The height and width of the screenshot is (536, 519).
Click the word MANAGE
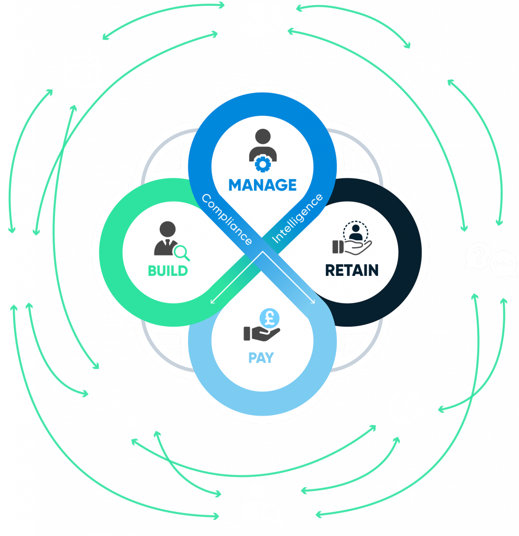click(x=262, y=185)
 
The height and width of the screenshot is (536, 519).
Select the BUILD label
click(x=168, y=271)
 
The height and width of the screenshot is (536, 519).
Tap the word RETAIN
click(x=351, y=270)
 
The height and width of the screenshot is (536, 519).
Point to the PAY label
click(x=261, y=358)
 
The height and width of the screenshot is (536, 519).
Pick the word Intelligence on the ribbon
click(x=298, y=218)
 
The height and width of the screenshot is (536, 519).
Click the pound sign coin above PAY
click(x=269, y=317)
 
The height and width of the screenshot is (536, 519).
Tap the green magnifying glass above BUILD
click(x=182, y=253)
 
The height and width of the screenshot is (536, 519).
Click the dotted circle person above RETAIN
click(x=356, y=231)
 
